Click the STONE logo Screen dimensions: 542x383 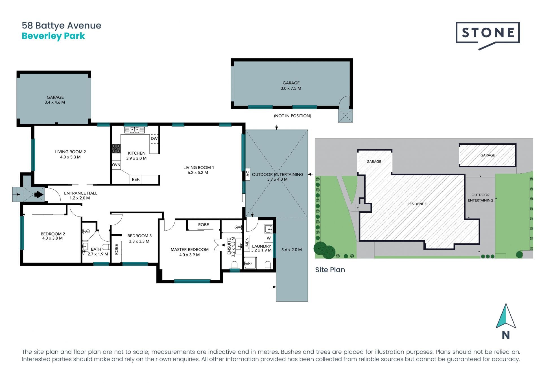click(488, 36)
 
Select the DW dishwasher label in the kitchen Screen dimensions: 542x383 click(154, 138)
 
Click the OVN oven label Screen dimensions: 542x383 click(116, 165)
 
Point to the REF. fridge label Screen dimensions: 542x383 click(136, 180)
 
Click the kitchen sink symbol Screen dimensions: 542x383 click(134, 130)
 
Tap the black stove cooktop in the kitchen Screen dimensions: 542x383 click(116, 148)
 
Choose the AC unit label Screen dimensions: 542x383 click(248, 173)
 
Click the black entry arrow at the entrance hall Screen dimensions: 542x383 click(39, 194)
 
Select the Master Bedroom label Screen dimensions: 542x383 click(190, 250)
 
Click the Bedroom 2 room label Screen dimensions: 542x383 click(53, 234)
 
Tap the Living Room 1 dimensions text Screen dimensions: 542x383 click(198, 172)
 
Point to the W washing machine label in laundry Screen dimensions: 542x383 click(269, 238)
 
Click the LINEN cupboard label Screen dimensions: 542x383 click(247, 244)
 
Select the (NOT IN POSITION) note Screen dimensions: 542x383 click(292, 116)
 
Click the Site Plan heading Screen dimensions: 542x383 click(330, 270)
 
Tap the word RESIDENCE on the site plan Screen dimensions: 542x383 click(417, 204)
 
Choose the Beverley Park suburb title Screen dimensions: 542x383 click(53, 36)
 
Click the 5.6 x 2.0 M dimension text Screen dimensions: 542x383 click(292, 250)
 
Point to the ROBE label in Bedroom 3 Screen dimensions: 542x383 click(117, 249)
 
